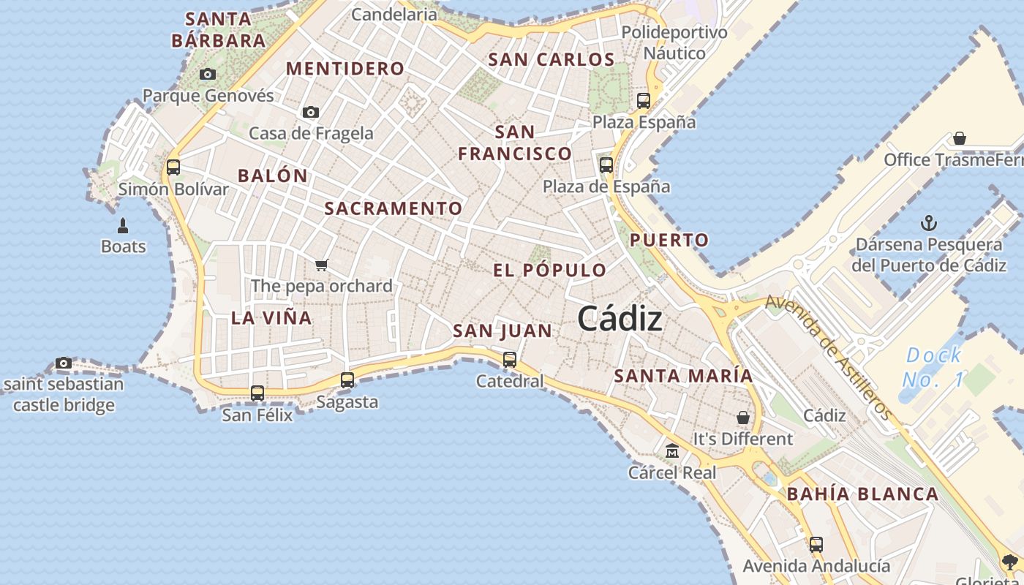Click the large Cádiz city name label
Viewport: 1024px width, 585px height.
pos(620,319)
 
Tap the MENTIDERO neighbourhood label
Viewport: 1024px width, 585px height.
pos(345,69)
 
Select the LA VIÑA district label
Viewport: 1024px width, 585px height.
pos(271,317)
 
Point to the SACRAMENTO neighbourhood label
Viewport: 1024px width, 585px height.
pos(394,208)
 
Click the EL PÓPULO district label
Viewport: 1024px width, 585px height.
pos(549,270)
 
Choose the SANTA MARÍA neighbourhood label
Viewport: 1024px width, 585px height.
pos(683,376)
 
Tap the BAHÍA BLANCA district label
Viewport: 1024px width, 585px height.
pos(862,494)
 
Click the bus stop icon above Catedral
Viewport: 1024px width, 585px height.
pos(510,359)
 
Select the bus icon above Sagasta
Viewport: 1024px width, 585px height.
pos(347,380)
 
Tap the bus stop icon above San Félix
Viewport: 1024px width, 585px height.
pos(257,393)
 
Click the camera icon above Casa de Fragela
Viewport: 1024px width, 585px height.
pos(311,112)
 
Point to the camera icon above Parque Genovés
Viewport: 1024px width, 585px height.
pos(208,74)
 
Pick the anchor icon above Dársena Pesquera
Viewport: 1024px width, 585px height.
pos(928,223)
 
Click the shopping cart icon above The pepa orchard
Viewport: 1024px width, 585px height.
pos(322,265)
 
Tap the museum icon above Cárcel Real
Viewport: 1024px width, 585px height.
pos(672,451)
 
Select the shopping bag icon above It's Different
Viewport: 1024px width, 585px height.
pos(743,418)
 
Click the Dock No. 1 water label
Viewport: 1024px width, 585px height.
pos(934,367)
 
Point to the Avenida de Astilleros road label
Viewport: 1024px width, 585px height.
pos(829,358)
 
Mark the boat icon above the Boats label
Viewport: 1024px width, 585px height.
pos(123,225)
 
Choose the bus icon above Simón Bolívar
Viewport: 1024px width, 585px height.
pos(173,167)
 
